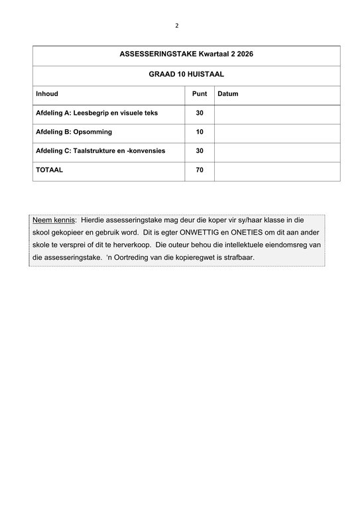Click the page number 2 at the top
tap(177, 26)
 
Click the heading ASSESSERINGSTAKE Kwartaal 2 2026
tap(186, 55)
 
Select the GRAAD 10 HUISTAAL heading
tap(186, 76)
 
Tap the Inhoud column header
tap(47, 94)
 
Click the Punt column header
tap(200, 94)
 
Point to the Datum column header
tap(228, 94)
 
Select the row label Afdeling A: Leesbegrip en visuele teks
tap(97, 113)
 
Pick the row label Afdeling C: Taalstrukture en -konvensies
tap(100, 150)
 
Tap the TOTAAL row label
tap(50, 170)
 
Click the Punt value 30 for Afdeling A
tap(200, 113)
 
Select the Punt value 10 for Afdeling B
tap(200, 132)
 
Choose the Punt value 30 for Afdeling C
tap(200, 150)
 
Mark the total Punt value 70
tap(200, 170)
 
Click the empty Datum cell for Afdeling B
tap(277, 132)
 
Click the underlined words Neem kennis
tap(54, 219)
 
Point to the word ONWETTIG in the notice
tap(210, 233)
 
